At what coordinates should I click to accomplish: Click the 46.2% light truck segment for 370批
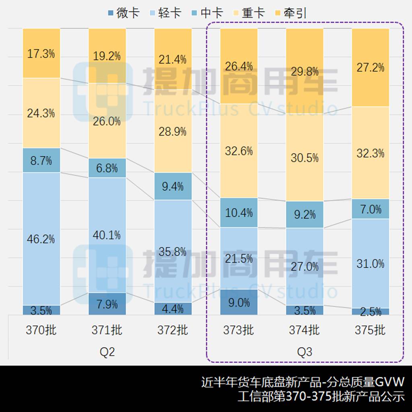[41, 239]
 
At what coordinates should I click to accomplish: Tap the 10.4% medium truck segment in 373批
[239, 212]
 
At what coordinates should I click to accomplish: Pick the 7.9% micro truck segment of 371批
[107, 304]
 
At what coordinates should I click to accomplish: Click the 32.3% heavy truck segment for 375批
[370, 153]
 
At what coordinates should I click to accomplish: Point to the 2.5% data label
[370, 311]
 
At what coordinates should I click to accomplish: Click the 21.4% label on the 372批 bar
[173, 60]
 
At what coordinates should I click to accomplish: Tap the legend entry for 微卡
[123, 13]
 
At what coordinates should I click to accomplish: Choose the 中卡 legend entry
[207, 13]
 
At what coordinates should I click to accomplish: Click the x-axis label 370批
[41, 330]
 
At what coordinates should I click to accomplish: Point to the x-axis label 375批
[370, 330]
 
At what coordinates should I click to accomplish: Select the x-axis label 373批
[239, 330]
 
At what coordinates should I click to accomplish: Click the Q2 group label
[107, 352]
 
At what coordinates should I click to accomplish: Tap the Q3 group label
[305, 352]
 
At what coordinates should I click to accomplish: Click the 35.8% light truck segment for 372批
[173, 251]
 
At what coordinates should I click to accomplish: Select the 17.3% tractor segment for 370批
[41, 54]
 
